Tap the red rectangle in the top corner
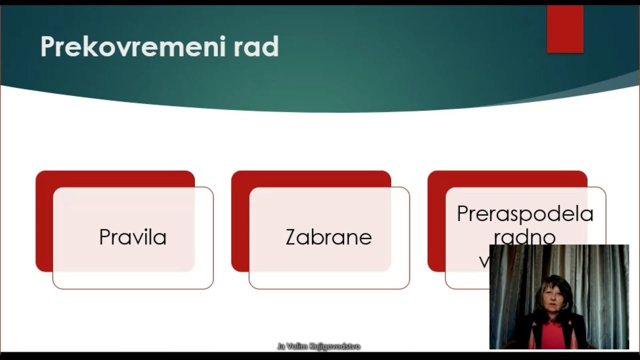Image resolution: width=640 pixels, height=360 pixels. pos(565,29)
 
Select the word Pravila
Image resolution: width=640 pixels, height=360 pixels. pos(132,237)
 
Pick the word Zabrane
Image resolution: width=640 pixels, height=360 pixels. pos(328,237)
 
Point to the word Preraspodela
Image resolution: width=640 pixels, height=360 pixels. pos(525,214)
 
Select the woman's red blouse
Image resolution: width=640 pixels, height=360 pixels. pos(553,335)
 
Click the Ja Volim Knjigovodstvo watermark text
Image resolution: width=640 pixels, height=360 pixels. pos(318,346)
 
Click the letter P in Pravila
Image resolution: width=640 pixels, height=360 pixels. pos(104,237)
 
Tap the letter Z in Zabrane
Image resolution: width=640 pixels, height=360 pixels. pos(290,237)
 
